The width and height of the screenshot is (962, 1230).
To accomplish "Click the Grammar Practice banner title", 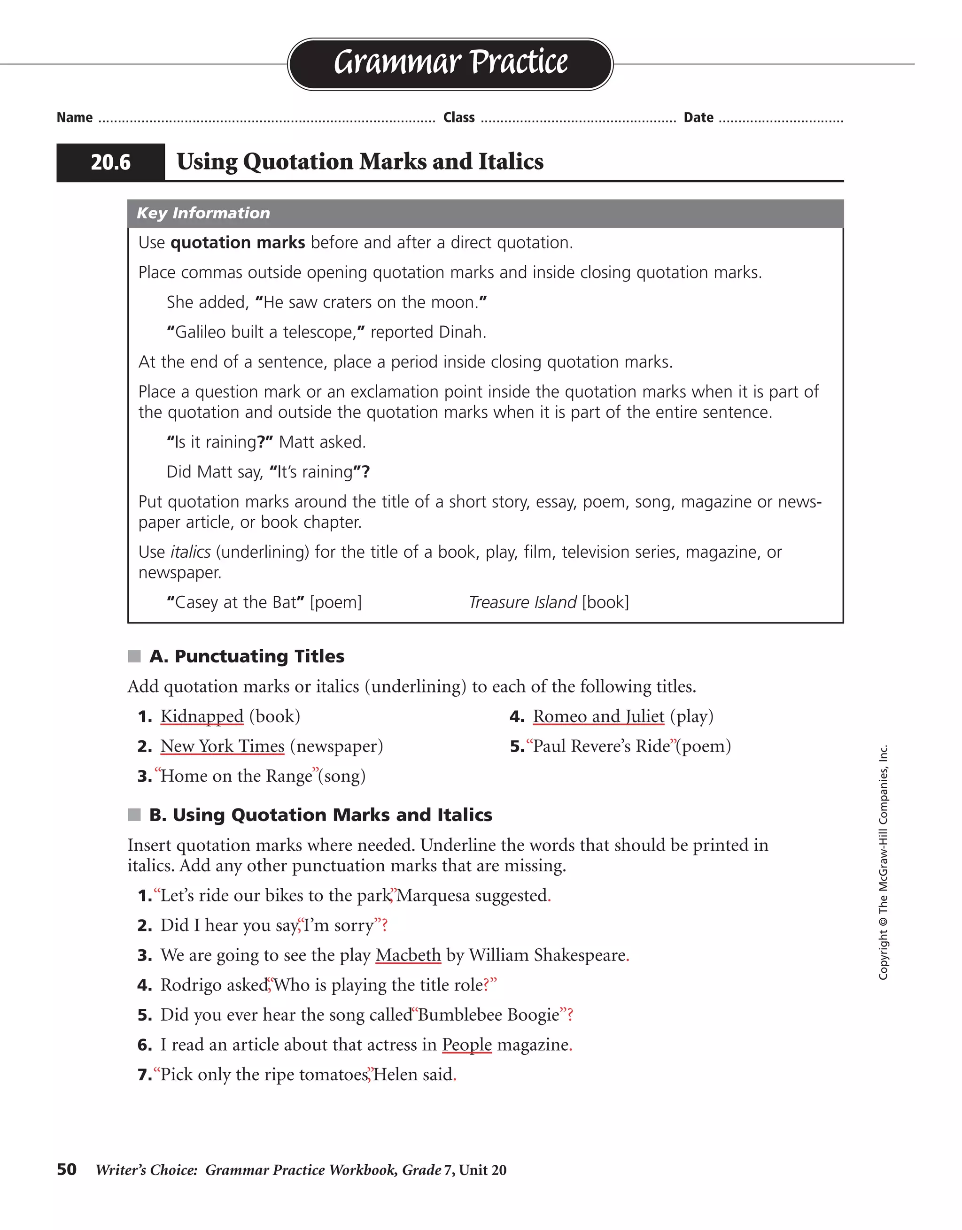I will (450, 62).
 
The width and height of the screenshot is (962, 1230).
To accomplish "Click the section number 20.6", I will (110, 163).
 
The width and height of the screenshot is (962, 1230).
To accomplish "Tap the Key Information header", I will (203, 213).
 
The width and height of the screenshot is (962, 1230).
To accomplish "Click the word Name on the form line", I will (74, 118).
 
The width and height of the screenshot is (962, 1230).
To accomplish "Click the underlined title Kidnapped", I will (202, 716).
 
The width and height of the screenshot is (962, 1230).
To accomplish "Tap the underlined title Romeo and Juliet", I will (598, 716).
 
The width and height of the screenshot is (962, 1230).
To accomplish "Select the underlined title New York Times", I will (222, 746).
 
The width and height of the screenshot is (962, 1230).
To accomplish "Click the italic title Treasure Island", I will (522, 603).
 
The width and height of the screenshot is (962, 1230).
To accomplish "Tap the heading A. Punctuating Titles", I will (246, 656).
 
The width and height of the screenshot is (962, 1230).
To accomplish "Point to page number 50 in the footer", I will (67, 1170).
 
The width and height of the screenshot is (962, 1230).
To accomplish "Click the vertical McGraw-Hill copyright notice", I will (883, 861).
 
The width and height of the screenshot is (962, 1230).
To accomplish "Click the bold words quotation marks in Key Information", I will (237, 243).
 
